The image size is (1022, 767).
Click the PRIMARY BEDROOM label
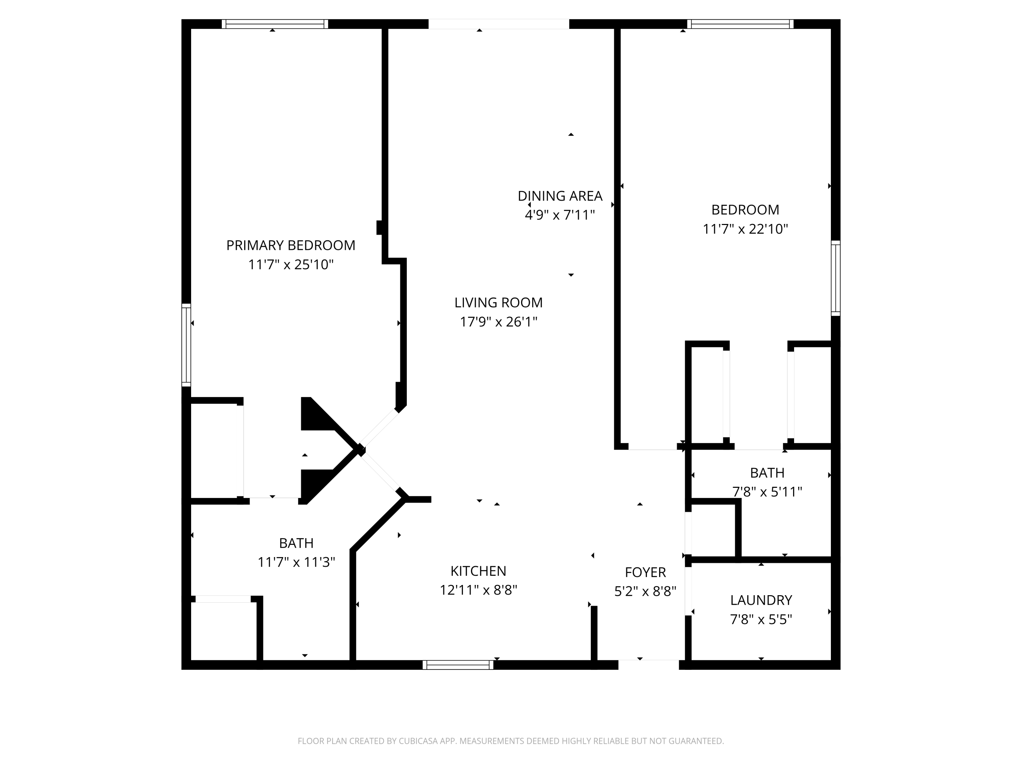(291, 245)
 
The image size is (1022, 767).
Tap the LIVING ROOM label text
(498, 302)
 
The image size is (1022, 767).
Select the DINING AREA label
(560, 196)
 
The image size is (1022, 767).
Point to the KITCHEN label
(478, 571)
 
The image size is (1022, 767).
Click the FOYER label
(646, 572)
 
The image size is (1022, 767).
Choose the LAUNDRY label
(761, 600)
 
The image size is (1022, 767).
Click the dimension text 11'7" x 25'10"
(291, 265)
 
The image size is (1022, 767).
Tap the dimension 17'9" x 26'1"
(498, 322)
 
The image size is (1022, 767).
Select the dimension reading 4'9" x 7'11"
(560, 215)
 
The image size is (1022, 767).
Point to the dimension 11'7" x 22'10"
(745, 229)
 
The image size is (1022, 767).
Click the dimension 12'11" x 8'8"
(478, 590)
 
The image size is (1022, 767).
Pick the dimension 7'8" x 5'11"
(767, 492)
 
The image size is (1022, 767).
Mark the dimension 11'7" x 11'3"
(296, 562)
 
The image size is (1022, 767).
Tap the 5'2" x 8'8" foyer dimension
(646, 591)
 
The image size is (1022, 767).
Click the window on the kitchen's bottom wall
(458, 665)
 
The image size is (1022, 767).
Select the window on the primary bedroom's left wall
(186, 345)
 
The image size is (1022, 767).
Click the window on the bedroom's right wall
(836, 278)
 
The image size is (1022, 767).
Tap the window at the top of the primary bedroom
(275, 24)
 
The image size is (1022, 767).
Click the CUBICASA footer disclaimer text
(511, 741)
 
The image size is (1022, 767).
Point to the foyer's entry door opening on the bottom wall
(649, 665)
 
